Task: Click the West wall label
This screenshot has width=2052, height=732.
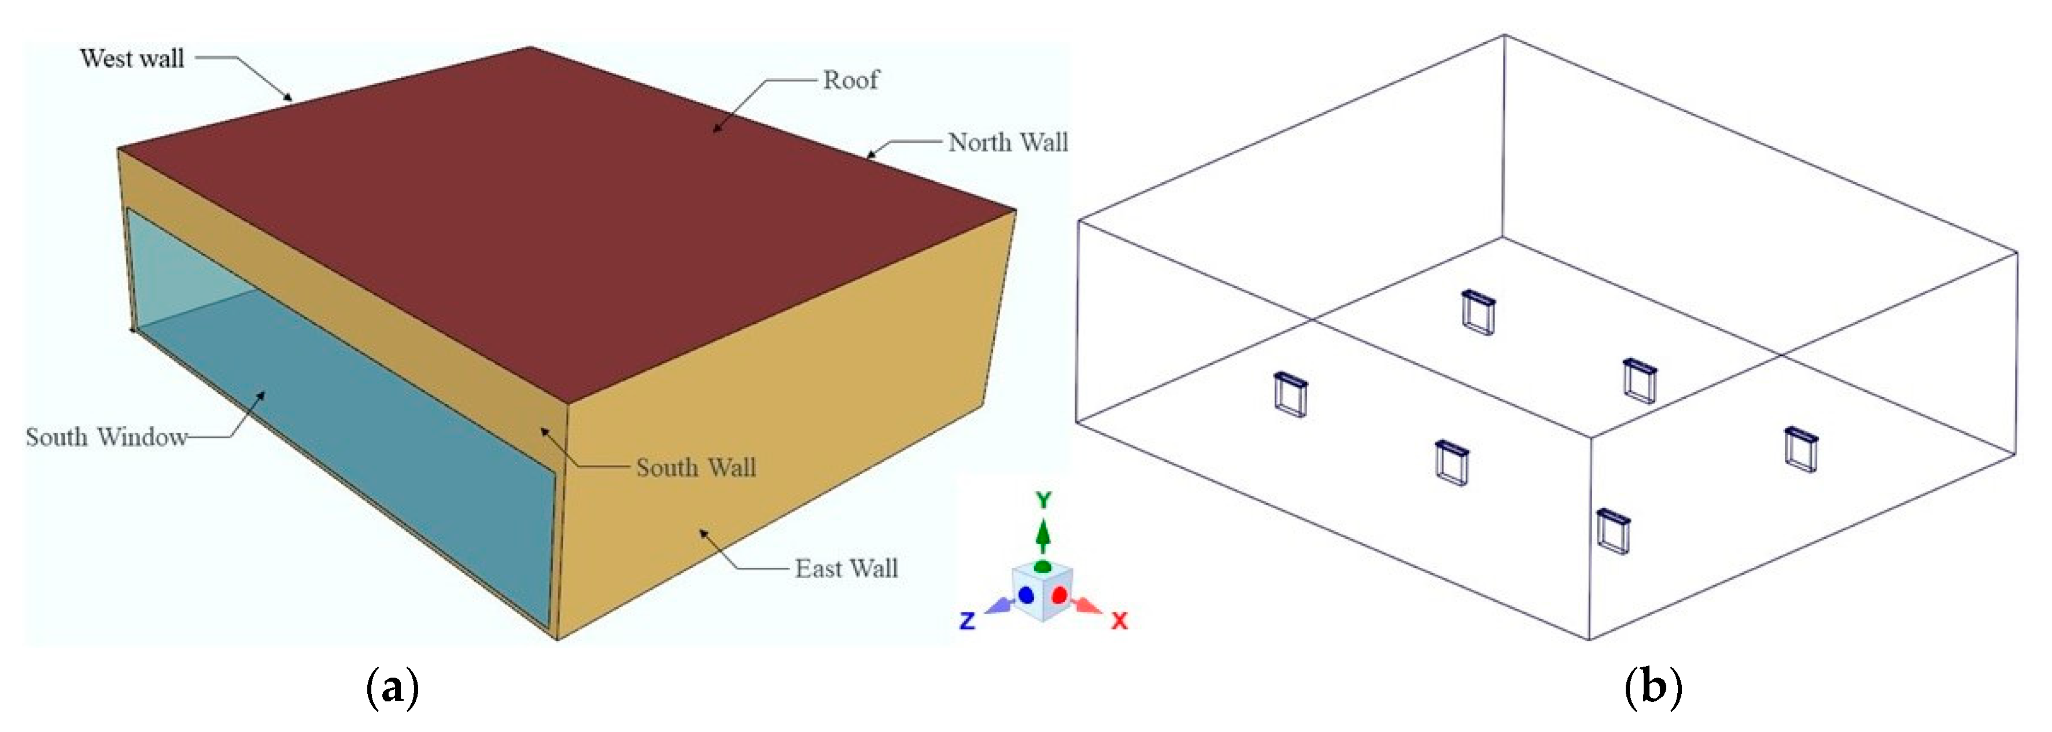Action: coord(132,59)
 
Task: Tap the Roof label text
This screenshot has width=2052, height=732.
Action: coord(851,80)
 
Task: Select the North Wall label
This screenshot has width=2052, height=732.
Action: coord(1007,143)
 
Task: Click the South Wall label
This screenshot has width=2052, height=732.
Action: coord(695,468)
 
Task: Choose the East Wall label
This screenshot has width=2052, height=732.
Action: coord(846,569)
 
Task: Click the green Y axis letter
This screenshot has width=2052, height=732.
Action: coord(1043,500)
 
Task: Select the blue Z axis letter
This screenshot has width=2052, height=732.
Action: coord(967,620)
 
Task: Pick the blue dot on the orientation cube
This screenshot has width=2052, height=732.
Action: coord(1026,595)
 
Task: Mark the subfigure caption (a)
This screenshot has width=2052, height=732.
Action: coord(392,686)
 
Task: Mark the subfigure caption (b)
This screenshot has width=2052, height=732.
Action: coord(1653,686)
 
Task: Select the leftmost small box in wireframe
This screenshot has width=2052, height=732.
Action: coord(1290,394)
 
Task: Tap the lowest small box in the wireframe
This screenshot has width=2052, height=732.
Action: coord(1613,531)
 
